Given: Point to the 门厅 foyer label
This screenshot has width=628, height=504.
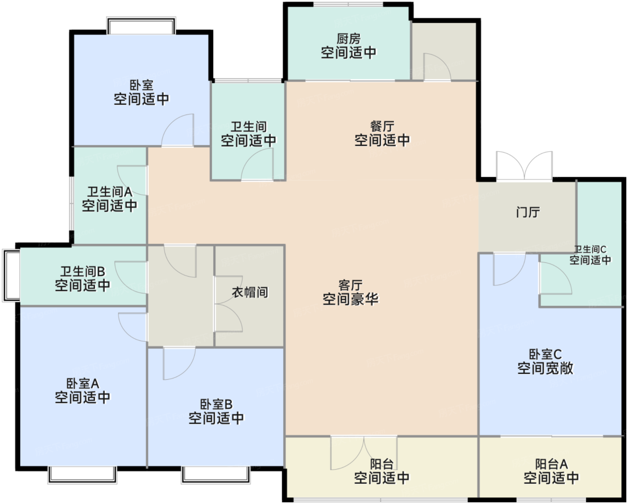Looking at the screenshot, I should tap(528, 212).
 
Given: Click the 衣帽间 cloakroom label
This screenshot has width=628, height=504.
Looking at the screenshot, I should tap(250, 292).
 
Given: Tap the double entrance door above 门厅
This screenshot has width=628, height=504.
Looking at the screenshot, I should tap(524, 166).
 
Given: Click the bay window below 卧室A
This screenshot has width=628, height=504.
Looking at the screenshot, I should tap(82, 474).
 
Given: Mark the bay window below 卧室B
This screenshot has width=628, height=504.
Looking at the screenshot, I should tap(215, 474).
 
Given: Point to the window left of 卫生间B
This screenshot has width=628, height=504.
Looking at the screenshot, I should tap(11, 275).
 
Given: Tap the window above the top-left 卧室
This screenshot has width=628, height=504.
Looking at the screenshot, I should tap(141, 26).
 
